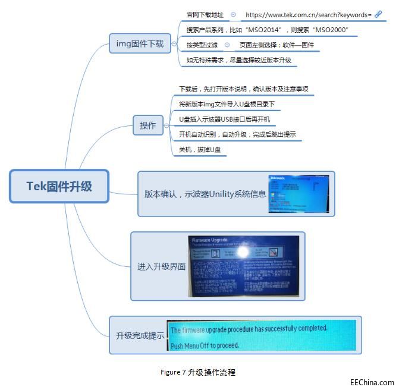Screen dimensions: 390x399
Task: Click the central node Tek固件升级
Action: [59, 186]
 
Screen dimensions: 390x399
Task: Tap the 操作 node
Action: [148, 125]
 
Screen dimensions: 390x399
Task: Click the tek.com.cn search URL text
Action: [308, 14]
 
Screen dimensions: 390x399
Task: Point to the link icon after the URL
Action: [378, 14]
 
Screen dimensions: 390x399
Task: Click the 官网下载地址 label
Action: [205, 14]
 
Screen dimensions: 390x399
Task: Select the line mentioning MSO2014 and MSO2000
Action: [267, 30]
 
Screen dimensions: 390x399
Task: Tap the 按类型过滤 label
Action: [202, 45]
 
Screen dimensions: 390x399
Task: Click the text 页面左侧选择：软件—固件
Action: [277, 45]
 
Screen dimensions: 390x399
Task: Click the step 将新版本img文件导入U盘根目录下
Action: [227, 104]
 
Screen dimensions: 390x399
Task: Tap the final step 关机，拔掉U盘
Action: [200, 150]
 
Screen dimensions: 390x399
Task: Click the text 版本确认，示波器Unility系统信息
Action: [205, 194]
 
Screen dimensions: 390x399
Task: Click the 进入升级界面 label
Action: [161, 266]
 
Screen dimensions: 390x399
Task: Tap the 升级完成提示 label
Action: [140, 335]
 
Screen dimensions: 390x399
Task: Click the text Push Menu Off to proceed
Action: [205, 345]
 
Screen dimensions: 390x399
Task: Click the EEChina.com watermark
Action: [372, 383]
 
